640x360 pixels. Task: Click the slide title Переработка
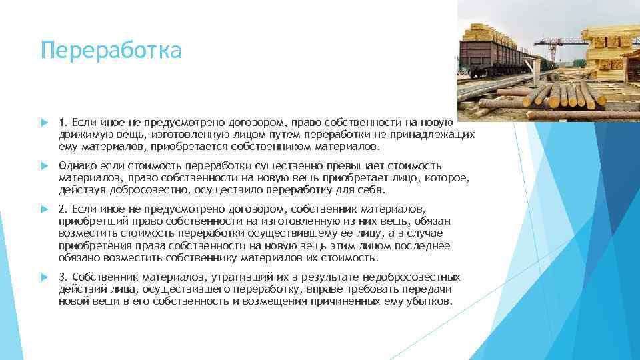coord(111,50)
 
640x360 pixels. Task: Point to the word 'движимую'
coord(81,134)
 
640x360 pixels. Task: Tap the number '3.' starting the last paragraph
coord(63,277)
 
